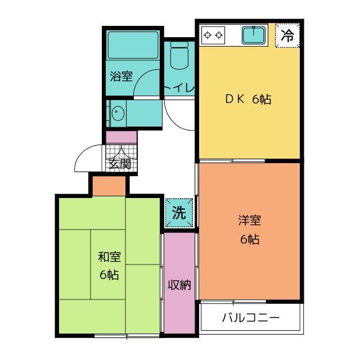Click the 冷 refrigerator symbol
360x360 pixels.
pos(287,37)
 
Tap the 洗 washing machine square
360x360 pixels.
pos(179,213)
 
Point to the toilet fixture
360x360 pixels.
pos(179,56)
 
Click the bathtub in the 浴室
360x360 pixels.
pos(132,44)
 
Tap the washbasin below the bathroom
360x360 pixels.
pos(118,114)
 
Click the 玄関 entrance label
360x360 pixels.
pos(120,164)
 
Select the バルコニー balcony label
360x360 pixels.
pos(251,318)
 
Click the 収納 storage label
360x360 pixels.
pos(179,285)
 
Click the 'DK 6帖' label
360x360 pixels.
pos(248,100)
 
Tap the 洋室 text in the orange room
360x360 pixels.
pos(249,220)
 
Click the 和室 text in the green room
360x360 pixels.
pos(110,257)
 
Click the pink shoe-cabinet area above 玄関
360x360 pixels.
pos(121,137)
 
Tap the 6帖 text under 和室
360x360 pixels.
pos(110,275)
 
